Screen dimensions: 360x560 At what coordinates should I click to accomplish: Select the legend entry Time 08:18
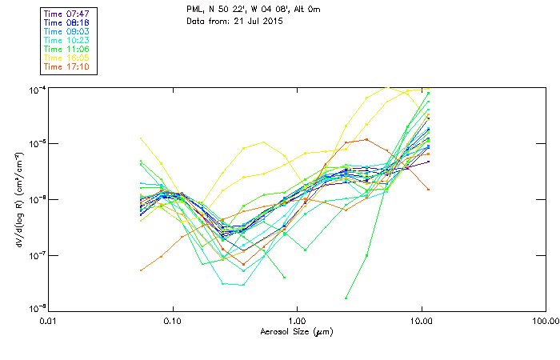pyautogui.click(x=67, y=23)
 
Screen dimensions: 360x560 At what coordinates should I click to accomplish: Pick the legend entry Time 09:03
pyautogui.click(x=67, y=32)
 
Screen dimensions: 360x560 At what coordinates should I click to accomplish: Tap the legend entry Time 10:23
pyautogui.click(x=67, y=41)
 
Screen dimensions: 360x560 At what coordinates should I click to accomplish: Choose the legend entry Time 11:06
pyautogui.click(x=67, y=50)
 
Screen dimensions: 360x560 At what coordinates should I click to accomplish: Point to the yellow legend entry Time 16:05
pyautogui.click(x=67, y=58)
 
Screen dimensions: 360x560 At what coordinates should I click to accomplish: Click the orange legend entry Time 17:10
pyautogui.click(x=67, y=67)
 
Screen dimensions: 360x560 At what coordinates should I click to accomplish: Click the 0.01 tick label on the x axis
pyautogui.click(x=48, y=321)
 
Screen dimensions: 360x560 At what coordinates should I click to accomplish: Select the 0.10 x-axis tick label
pyautogui.click(x=172, y=321)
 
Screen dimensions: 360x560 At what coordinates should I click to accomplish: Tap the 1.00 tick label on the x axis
pyautogui.click(x=297, y=321)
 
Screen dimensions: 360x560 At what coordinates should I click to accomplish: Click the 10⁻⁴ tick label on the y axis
pyautogui.click(x=37, y=89)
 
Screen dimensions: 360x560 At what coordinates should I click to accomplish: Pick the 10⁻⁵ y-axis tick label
pyautogui.click(x=37, y=144)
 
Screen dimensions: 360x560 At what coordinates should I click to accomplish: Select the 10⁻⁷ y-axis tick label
pyautogui.click(x=37, y=255)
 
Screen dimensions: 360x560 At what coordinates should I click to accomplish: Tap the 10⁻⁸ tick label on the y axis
pyautogui.click(x=37, y=309)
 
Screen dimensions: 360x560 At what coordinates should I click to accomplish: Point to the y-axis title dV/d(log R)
pyautogui.click(x=17, y=198)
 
